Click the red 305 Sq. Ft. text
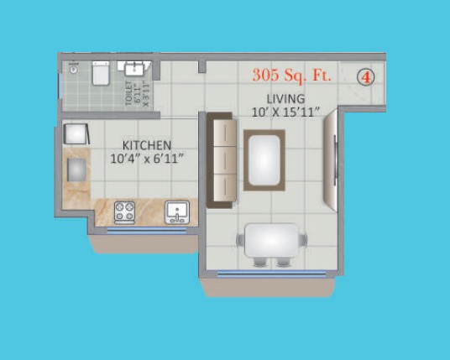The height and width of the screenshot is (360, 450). tap(292, 76)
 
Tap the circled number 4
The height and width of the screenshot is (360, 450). tap(366, 77)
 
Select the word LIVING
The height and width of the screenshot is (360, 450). tap(285, 99)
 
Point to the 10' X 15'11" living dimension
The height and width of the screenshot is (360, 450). tap(285, 112)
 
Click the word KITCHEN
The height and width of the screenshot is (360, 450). tap(147, 145)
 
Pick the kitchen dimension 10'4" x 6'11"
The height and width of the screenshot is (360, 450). tap(147, 159)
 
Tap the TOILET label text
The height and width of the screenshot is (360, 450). tap(129, 93)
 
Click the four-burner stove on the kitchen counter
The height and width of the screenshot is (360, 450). tap(124, 212)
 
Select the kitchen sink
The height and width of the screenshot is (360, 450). tap(177, 212)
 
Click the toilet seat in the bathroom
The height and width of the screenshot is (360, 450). tap(101, 73)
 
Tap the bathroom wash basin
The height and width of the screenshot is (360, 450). tap(134, 69)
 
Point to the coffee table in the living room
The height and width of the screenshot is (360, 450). tap(264, 160)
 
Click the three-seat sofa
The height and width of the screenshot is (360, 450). tap(222, 160)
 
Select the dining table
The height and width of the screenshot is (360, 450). tap(271, 240)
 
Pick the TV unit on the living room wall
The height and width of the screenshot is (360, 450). tap(331, 160)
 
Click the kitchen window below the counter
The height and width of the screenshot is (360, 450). tap(147, 231)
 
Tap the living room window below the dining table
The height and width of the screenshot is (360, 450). tap(271, 274)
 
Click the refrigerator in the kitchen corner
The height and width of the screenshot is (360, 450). tap(76, 134)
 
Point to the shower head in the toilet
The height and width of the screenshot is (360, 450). tap(74, 68)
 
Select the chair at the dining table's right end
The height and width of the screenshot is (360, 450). tap(303, 240)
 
